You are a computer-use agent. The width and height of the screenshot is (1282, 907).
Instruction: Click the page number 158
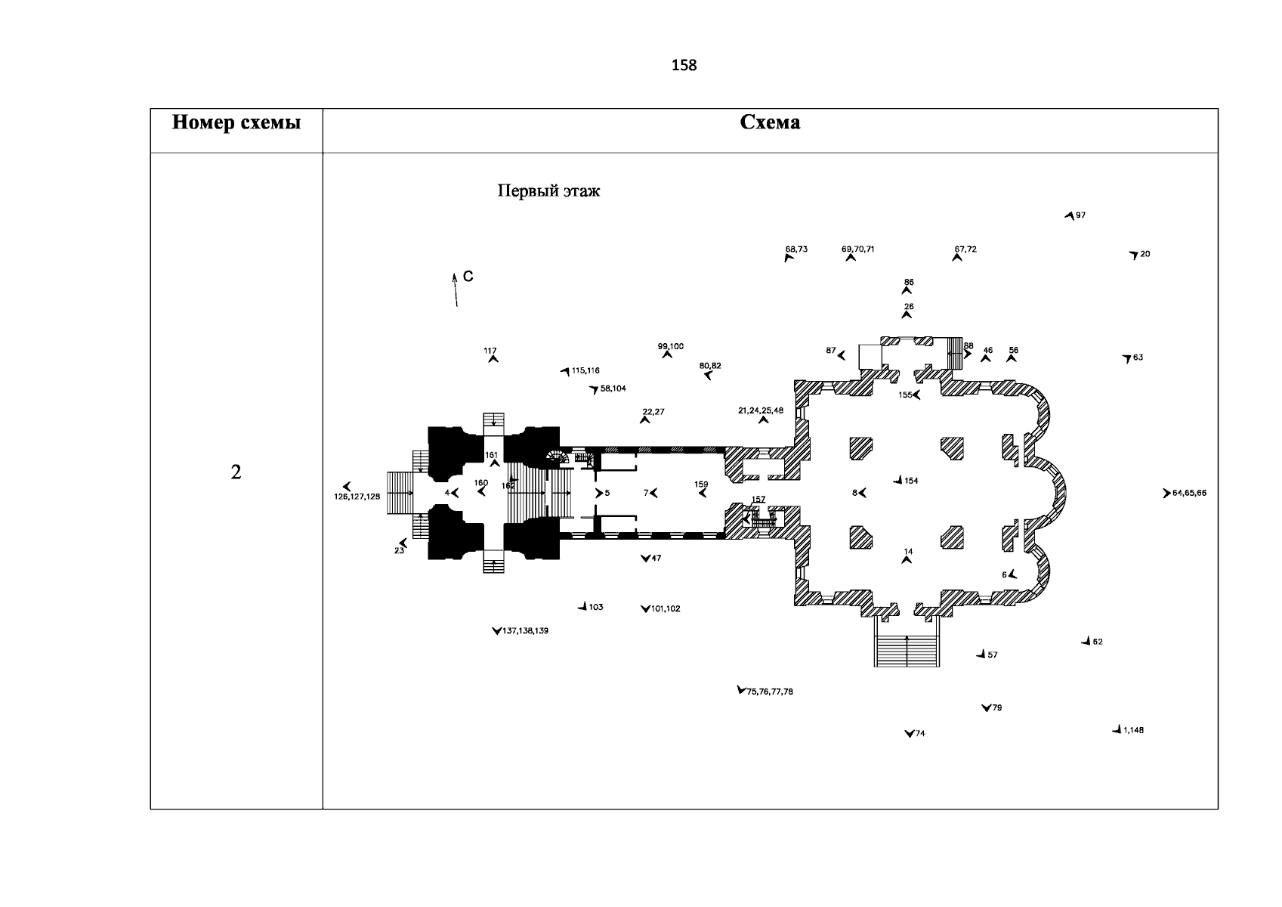[684, 66]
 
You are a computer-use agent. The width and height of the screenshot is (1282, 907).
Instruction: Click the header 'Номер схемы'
[236, 123]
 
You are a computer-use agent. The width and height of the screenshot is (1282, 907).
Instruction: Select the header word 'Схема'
[770, 123]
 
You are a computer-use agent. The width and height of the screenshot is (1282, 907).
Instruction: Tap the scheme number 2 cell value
[236, 473]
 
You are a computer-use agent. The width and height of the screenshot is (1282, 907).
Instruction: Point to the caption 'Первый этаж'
[548, 191]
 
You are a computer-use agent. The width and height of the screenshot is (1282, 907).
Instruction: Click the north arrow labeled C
[456, 289]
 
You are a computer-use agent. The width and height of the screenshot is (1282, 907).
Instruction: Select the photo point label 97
[1080, 215]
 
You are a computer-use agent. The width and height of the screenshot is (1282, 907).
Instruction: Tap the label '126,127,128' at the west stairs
[357, 497]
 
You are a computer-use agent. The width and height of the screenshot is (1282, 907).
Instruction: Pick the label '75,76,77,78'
[770, 692]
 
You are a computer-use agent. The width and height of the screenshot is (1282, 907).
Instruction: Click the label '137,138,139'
[525, 630]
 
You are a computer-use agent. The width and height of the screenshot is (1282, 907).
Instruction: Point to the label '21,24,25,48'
[761, 410]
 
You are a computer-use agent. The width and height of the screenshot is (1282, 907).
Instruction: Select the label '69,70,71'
[857, 249]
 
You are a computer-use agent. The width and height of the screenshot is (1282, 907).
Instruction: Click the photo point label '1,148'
[1133, 730]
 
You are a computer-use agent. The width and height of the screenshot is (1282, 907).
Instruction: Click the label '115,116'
[585, 371]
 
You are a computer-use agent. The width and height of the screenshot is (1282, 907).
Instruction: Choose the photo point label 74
[919, 734]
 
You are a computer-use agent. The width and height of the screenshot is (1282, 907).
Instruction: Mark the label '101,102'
[665, 608]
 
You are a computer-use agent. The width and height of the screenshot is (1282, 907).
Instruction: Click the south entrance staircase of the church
[907, 650]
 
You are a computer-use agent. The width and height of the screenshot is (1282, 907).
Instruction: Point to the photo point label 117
[490, 351]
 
